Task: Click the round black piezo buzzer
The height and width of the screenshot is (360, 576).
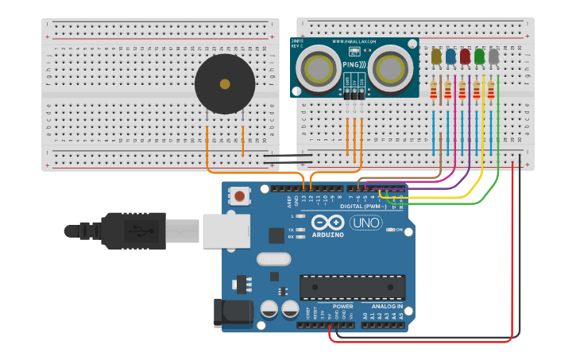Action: point(225,83)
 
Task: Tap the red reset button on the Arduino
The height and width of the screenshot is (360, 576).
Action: point(239,195)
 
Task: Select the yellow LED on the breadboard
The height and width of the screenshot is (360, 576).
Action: point(436,56)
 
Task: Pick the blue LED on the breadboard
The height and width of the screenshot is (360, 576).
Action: point(450,56)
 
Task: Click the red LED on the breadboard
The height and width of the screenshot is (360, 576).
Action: point(465,56)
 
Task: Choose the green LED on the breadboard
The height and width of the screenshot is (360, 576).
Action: point(479,56)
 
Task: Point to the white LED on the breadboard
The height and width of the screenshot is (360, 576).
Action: point(493,56)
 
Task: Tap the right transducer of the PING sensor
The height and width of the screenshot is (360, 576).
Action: point(389,68)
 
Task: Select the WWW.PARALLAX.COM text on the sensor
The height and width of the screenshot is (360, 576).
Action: point(354,41)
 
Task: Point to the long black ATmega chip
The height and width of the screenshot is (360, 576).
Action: point(352,287)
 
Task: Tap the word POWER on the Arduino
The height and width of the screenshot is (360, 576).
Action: point(342,306)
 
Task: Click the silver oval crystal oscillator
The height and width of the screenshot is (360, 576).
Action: point(274,258)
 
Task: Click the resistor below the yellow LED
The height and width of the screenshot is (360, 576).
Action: point(434,92)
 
